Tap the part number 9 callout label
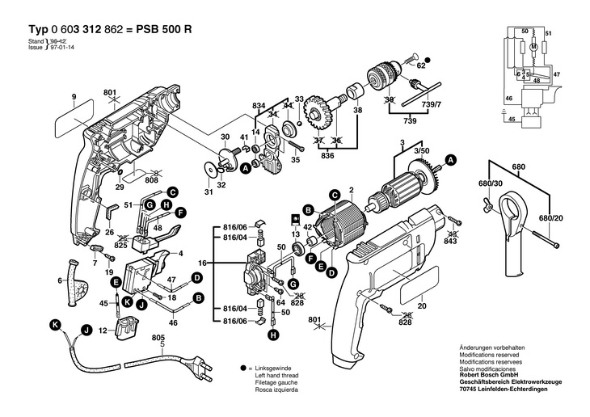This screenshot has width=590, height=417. [73, 99]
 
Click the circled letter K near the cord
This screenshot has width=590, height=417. [55, 324]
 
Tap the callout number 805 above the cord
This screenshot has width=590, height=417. [158, 338]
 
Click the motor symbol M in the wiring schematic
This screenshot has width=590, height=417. [534, 48]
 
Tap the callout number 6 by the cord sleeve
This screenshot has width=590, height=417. [59, 281]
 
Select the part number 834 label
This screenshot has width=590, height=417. [259, 107]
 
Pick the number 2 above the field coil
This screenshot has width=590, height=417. [352, 192]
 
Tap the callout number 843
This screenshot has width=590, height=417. [451, 242]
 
